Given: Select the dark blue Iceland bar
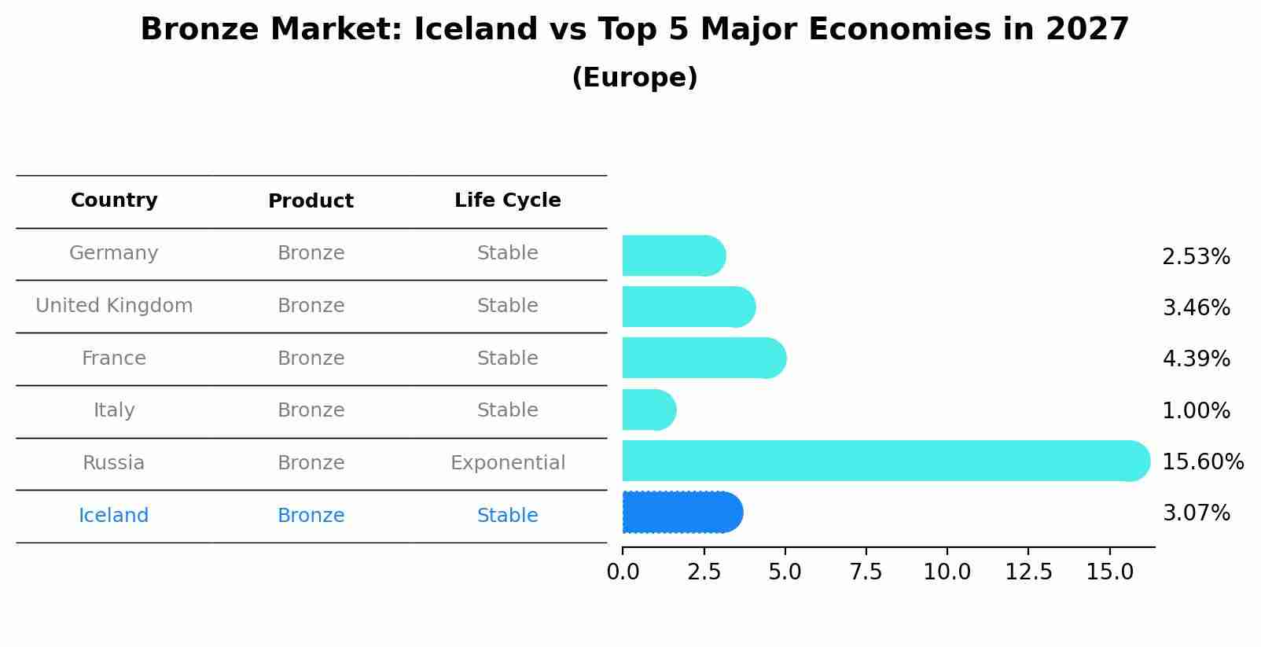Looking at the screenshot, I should (682, 513).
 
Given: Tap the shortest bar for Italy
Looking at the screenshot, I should (649, 410).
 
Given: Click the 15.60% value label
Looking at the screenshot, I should (1202, 462).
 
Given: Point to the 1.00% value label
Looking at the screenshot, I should (1196, 411).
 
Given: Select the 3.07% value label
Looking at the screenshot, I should (1196, 513).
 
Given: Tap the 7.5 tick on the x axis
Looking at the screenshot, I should (866, 572).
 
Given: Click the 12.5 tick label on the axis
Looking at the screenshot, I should (1028, 572).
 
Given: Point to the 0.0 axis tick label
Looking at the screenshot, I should (623, 572).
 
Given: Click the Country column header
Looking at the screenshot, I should (114, 200).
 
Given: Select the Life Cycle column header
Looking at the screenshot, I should (507, 200).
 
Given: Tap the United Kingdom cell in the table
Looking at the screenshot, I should (114, 306).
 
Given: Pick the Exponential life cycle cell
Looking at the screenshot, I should (507, 463).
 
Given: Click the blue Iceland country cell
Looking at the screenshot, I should (114, 516).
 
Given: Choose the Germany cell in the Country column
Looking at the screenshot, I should (114, 253).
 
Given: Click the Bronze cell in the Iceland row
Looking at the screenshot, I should (311, 516).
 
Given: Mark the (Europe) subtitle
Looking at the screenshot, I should (634, 78).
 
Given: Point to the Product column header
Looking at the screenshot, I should (311, 201).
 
